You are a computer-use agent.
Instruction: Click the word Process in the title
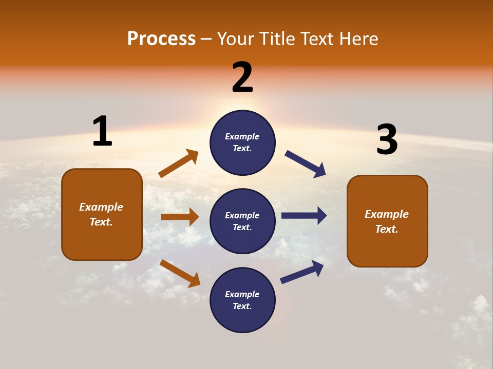161,39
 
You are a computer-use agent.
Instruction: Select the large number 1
102,131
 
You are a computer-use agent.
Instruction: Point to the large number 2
242,77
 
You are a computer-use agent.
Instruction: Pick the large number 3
387,140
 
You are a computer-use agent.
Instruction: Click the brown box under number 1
102,214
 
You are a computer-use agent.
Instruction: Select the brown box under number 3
387,221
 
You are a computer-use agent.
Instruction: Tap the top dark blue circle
242,142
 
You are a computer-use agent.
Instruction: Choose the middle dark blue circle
242,221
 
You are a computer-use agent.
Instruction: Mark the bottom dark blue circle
242,300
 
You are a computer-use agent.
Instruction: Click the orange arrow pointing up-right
178,163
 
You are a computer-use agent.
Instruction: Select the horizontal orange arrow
180,217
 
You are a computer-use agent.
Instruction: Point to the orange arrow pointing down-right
180,273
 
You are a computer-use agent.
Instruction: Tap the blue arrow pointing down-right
306,164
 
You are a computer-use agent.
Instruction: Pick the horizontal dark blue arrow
304,215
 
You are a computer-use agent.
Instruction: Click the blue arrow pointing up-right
302,272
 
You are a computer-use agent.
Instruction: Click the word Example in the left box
101,207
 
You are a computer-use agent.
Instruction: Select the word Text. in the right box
387,229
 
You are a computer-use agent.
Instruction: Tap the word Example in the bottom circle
242,294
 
